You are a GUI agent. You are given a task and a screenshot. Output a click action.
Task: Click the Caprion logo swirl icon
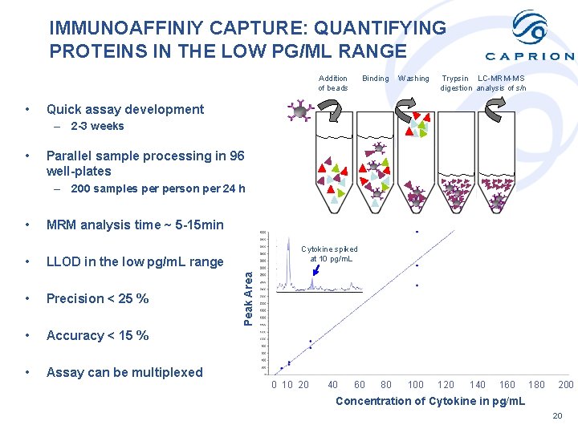(530, 30)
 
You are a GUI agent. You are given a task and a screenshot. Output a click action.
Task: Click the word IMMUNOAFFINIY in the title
(136, 28)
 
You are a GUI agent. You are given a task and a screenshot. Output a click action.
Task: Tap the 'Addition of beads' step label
(333, 83)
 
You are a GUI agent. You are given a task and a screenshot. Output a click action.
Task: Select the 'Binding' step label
(375, 79)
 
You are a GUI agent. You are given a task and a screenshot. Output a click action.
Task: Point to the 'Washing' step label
(413, 79)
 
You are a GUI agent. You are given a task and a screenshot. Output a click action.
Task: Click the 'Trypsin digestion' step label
(456, 83)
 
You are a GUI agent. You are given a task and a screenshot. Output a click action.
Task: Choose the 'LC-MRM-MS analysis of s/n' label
(502, 83)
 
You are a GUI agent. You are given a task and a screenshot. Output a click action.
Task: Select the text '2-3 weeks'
(97, 126)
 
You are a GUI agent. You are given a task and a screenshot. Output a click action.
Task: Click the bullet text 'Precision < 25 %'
(97, 298)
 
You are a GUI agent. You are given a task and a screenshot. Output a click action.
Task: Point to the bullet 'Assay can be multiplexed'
(124, 372)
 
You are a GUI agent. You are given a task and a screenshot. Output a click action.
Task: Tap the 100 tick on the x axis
(415, 385)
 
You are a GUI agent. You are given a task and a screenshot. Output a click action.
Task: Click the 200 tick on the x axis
(566, 385)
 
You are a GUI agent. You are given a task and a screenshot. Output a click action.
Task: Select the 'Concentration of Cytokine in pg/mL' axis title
(430, 401)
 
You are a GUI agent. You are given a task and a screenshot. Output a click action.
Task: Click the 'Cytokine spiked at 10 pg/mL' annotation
(329, 254)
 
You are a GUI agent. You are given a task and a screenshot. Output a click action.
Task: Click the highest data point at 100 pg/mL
(417, 232)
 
